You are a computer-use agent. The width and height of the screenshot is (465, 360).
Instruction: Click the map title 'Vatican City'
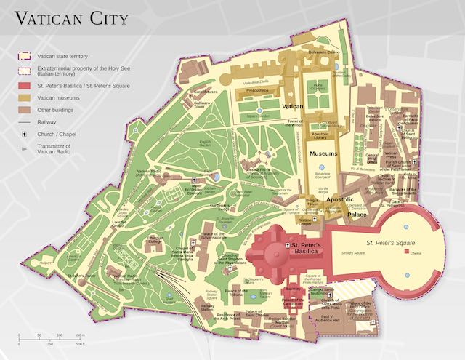click(x=72, y=18)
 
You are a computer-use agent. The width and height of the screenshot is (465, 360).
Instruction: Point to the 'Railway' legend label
click(x=46, y=122)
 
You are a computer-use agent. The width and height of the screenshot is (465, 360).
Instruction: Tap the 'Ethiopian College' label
click(x=155, y=239)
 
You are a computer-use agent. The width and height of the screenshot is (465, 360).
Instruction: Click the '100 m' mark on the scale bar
click(x=79, y=335)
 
